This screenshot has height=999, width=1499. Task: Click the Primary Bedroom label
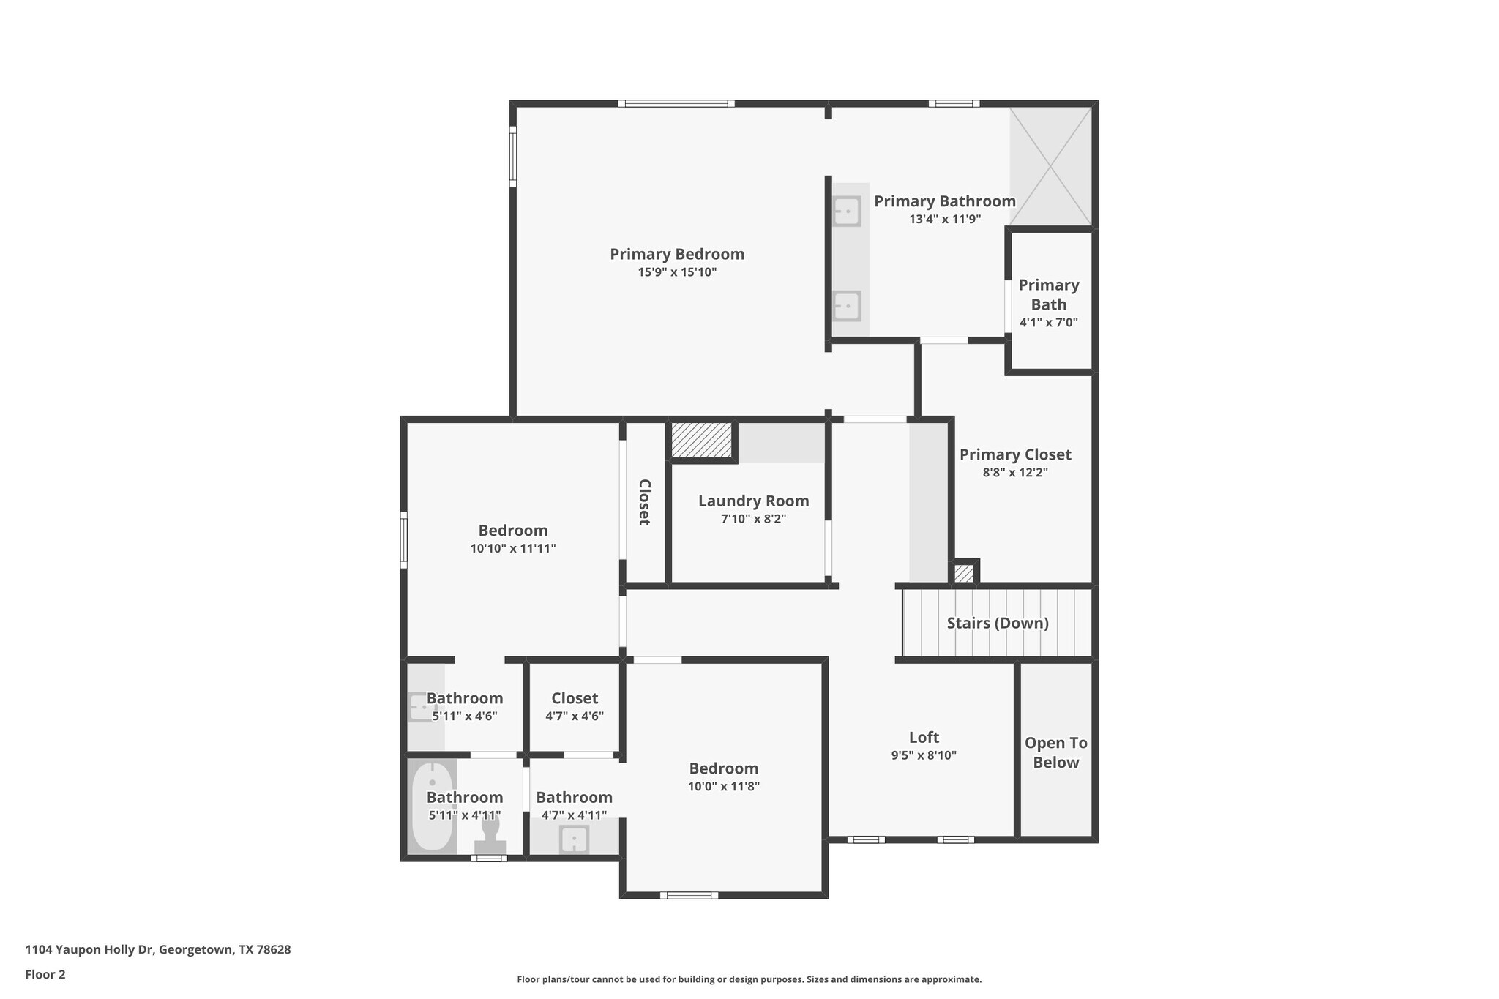[677, 254]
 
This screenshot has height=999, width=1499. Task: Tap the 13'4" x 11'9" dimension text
[945, 219]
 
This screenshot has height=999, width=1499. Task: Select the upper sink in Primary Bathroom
[847, 212]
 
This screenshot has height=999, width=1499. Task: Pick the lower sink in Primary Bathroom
[847, 306]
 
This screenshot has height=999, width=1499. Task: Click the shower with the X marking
[1050, 166]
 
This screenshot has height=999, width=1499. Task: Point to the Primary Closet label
[1015, 454]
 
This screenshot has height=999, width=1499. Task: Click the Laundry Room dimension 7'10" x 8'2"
[753, 519]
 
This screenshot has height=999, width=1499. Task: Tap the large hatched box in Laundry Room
[702, 440]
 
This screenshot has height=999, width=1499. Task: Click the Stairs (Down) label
[998, 623]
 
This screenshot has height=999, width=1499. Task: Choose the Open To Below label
[1055, 752]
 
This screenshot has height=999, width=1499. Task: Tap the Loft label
[924, 737]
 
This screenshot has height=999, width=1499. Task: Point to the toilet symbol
[490, 835]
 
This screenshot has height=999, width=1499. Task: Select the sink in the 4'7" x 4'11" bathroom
[574, 839]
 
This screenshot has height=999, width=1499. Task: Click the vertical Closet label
[644, 502]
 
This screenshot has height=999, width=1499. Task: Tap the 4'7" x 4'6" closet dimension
[575, 716]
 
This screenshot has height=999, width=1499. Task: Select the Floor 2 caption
[45, 974]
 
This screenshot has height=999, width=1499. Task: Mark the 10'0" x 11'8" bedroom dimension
[724, 787]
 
